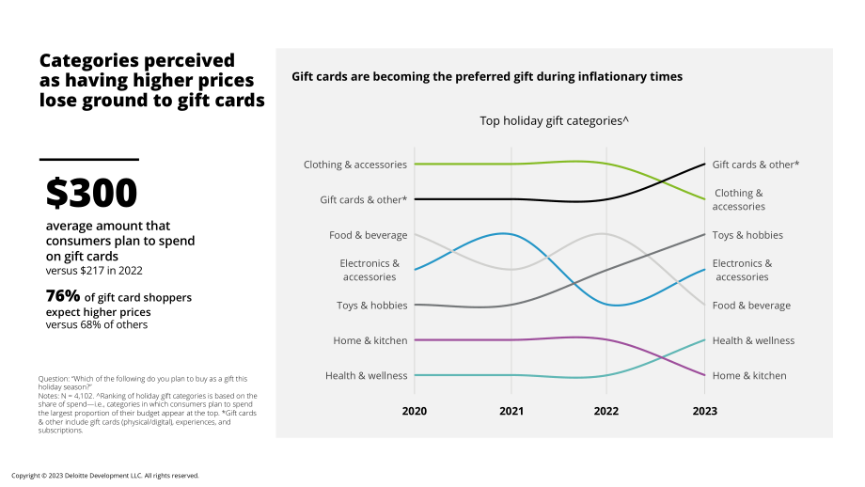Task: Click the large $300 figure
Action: (91, 193)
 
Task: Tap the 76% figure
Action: (63, 296)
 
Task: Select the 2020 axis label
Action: (415, 411)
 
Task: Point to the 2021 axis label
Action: (511, 411)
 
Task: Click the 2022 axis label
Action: (606, 411)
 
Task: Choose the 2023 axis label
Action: (704, 411)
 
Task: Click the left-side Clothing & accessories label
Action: (355, 165)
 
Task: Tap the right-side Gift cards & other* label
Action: (756, 165)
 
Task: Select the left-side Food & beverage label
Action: (368, 235)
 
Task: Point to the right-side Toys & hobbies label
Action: (747, 235)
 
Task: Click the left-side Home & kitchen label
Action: (370, 340)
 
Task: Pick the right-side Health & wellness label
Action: (753, 340)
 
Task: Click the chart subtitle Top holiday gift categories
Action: (554, 120)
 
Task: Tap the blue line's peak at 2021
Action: (503, 233)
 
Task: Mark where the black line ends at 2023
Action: (704, 164)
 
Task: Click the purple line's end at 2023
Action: (704, 375)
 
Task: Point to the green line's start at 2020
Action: (415, 164)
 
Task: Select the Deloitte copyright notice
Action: (104, 476)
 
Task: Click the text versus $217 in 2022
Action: (94, 270)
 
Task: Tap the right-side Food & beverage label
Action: (751, 306)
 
